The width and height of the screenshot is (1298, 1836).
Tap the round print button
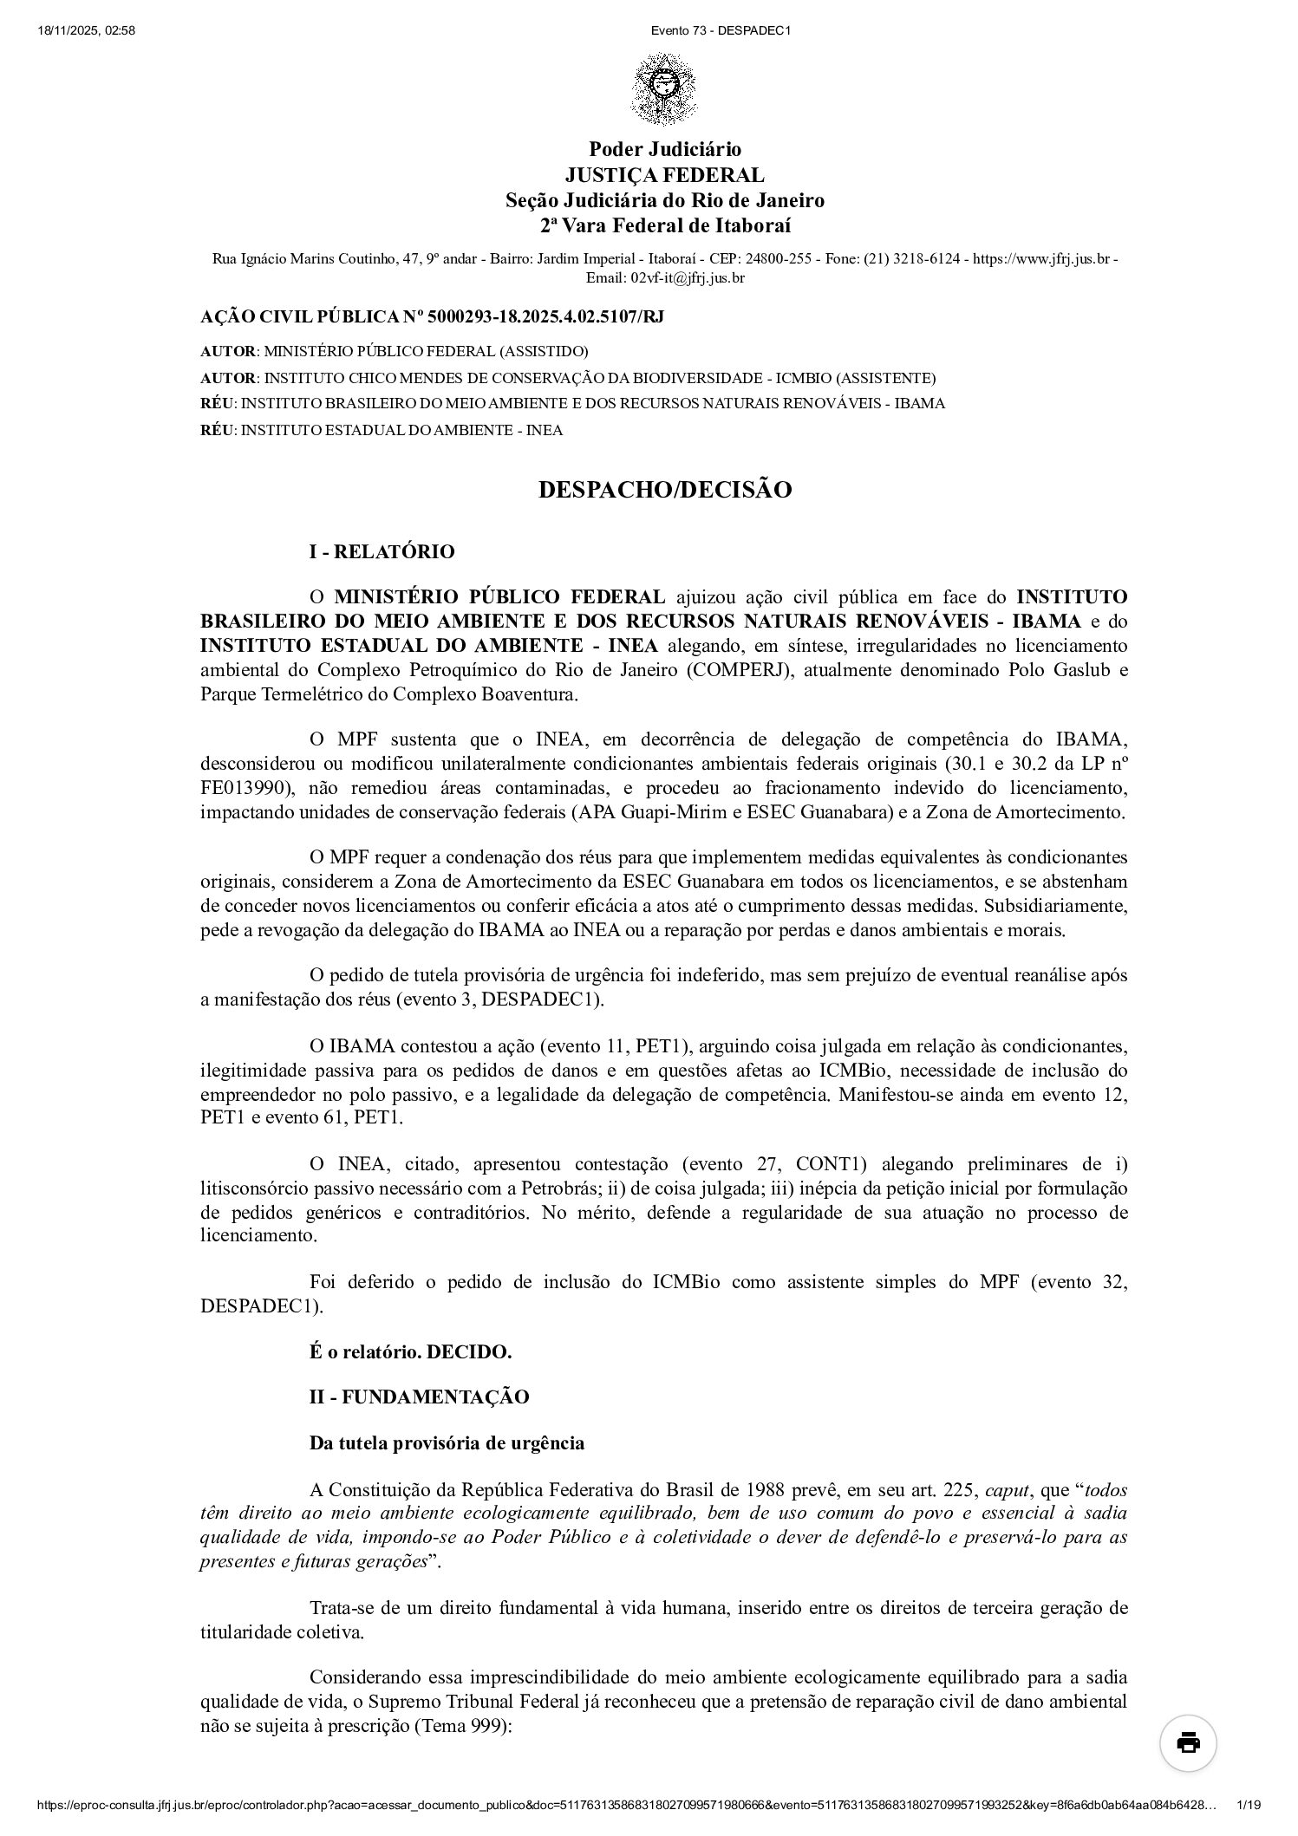[1188, 1742]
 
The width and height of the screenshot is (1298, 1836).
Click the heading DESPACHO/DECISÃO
[665, 490]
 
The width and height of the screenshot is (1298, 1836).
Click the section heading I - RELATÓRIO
[382, 551]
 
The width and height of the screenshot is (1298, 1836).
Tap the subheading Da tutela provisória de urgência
[447, 1442]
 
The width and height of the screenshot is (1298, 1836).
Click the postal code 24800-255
[786, 258]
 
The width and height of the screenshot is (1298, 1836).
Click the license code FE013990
[244, 788]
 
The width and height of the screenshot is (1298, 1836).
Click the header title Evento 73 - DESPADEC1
[721, 30]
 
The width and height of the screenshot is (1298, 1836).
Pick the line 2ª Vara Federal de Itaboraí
[665, 226]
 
